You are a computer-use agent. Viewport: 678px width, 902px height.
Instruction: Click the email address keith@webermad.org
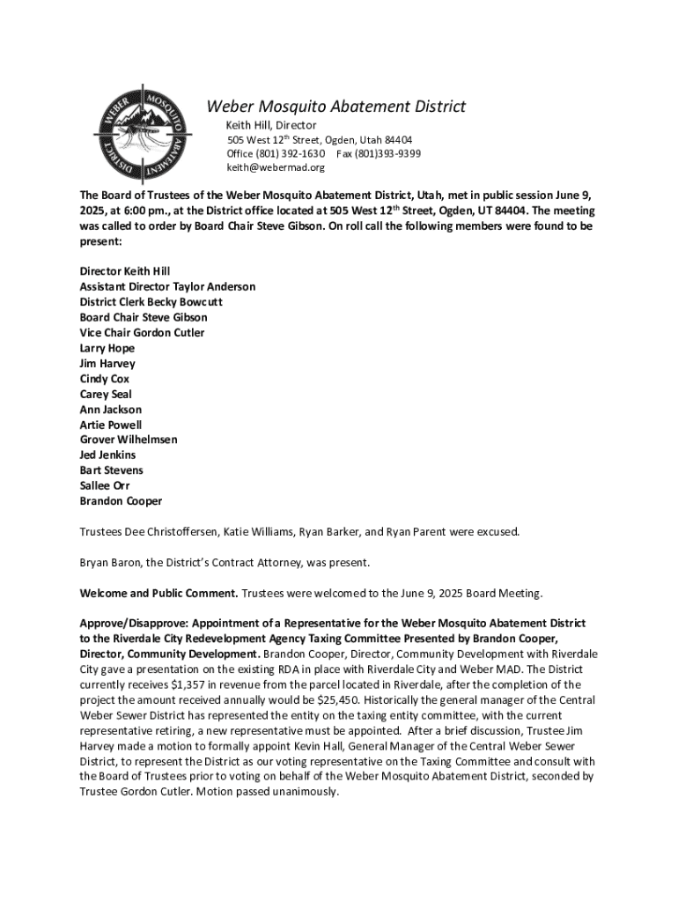[276, 167]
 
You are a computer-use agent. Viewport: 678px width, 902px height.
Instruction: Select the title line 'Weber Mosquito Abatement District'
[335, 107]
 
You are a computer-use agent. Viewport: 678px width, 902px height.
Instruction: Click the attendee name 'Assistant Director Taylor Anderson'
[167, 287]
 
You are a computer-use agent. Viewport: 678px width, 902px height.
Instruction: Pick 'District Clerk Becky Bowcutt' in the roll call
[151, 302]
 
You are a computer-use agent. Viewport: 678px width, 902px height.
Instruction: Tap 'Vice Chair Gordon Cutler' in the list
[142, 333]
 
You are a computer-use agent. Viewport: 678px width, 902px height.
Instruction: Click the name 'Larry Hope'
[107, 348]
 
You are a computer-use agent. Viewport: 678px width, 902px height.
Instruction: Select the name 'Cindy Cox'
[105, 379]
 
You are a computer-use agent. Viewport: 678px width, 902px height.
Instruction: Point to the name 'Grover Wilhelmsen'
[129, 440]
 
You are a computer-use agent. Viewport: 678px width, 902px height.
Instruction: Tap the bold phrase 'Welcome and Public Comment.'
[159, 593]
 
